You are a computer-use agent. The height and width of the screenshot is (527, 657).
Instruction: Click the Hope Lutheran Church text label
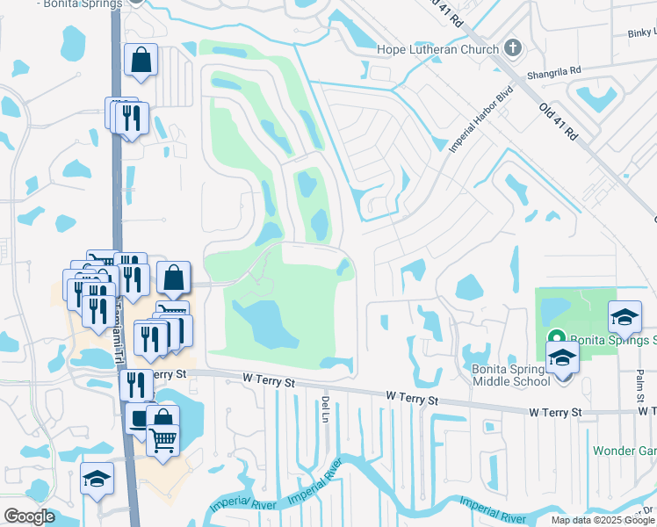click(x=437, y=49)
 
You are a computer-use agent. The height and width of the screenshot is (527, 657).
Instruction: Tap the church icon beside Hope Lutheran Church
click(x=514, y=49)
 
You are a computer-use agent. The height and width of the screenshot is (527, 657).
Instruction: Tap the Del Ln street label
click(x=325, y=407)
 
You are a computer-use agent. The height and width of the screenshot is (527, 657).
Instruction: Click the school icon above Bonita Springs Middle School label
click(x=562, y=357)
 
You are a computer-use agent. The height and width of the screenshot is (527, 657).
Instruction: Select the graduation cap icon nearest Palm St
click(x=625, y=316)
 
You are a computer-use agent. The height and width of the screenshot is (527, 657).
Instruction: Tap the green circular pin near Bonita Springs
click(x=556, y=338)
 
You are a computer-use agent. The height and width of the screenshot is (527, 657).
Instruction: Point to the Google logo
click(x=30, y=516)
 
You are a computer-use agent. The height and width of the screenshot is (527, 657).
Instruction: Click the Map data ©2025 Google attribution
click(x=603, y=520)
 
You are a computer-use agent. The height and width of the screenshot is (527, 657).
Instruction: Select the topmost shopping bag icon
click(x=141, y=61)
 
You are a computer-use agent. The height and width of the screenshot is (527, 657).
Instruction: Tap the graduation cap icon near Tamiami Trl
click(x=97, y=479)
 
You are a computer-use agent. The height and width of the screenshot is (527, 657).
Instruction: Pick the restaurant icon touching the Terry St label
click(x=135, y=384)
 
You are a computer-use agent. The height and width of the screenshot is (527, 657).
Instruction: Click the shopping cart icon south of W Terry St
click(x=163, y=440)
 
